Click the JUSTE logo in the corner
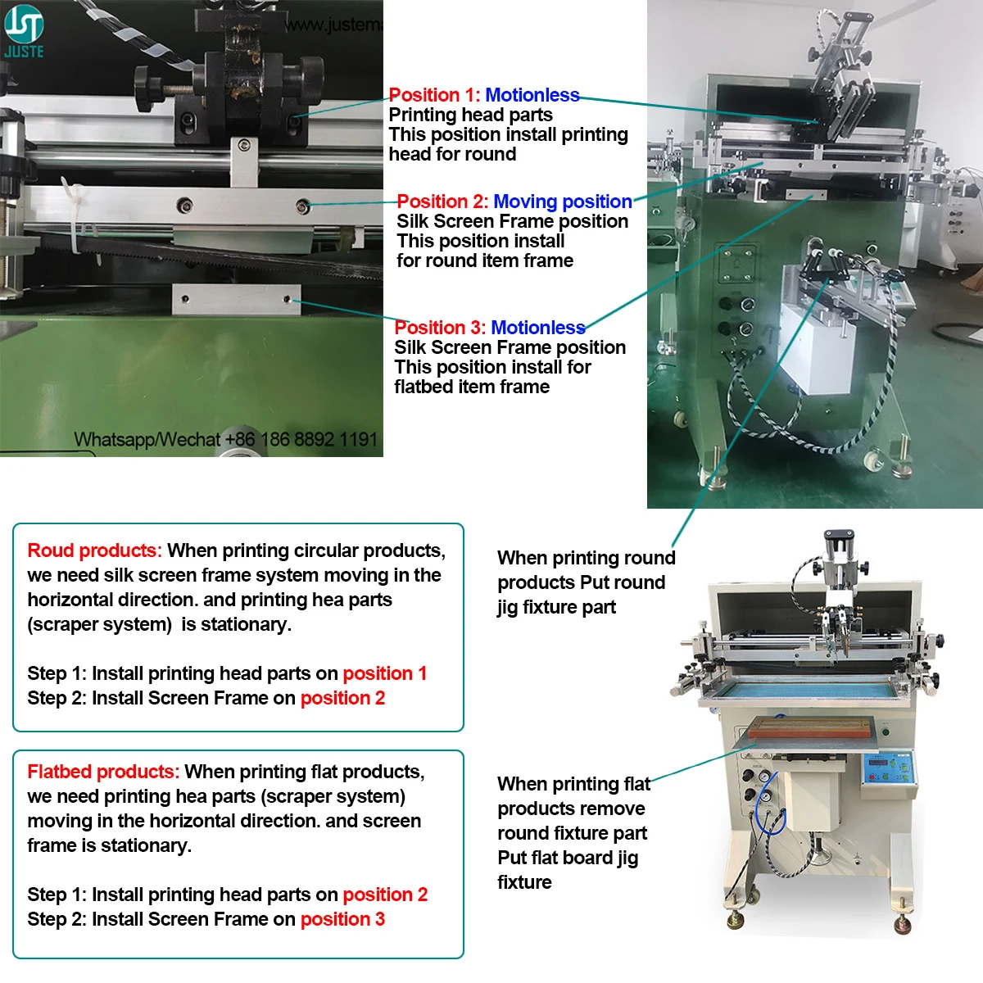(24, 31)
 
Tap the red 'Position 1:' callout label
(434, 95)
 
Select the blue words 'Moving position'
(562, 202)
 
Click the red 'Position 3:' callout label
(440, 328)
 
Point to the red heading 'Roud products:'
(94, 550)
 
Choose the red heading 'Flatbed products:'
(103, 772)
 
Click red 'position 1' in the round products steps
(384, 673)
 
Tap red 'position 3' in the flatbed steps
(342, 919)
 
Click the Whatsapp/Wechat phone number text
(225, 440)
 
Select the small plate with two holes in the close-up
(236, 300)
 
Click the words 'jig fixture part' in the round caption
(556, 607)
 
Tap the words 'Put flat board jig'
(568, 858)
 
